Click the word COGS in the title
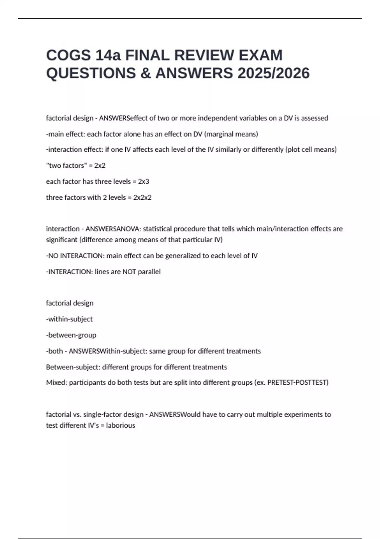(68, 55)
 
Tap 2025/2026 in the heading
(273, 73)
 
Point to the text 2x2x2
(142, 198)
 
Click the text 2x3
(143, 182)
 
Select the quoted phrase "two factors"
(66, 166)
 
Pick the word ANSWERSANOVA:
(113, 229)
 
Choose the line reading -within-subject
(69, 319)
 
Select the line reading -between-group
(71, 335)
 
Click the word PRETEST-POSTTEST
(297, 383)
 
